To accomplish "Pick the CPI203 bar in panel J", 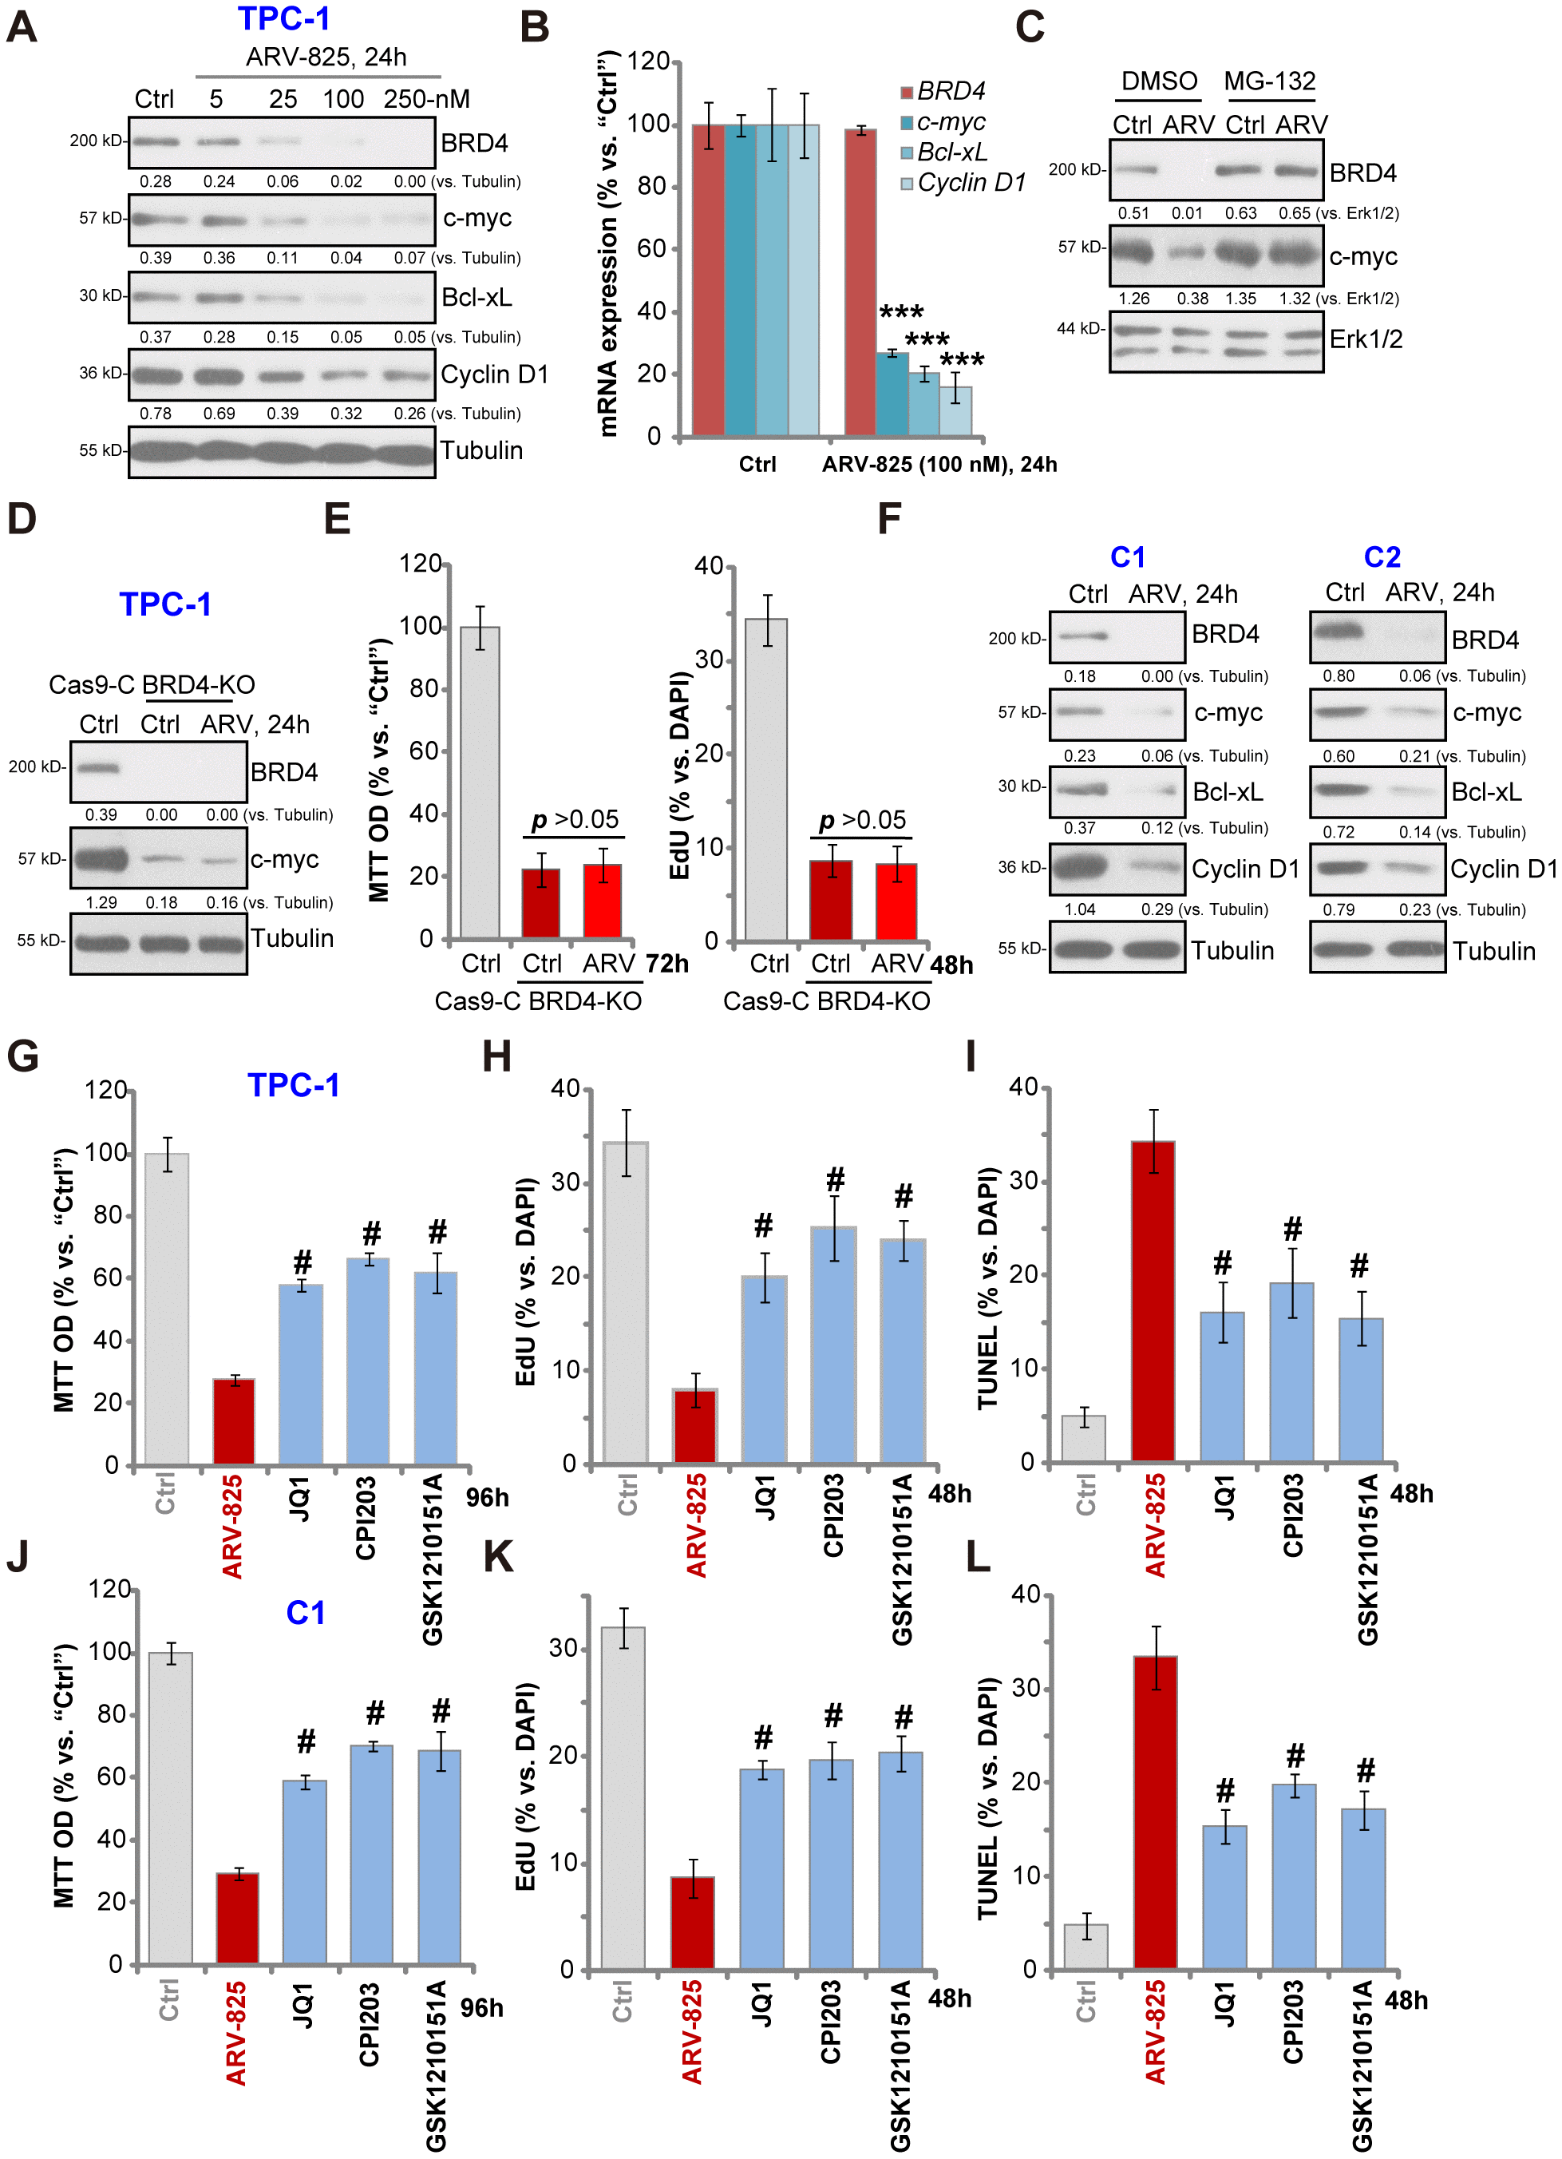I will pyautogui.click(x=371, y=1853).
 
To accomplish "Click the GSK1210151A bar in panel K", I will pyautogui.click(x=900, y=1860).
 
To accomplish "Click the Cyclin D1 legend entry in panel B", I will pyautogui.click(x=971, y=183).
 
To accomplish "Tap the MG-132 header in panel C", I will pyautogui.click(x=1269, y=81).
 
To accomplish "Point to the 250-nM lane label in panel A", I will pyautogui.click(x=426, y=99).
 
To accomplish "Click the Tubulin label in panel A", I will pyautogui.click(x=480, y=450).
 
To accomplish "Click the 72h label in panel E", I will pyautogui.click(x=666, y=964).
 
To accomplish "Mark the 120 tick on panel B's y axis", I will pyautogui.click(x=648, y=61).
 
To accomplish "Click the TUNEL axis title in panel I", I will pyautogui.click(x=988, y=1287).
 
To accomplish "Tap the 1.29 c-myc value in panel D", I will pyautogui.click(x=101, y=902).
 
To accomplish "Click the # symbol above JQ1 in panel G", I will pyautogui.click(x=302, y=1262).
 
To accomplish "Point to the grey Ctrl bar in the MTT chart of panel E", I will pyautogui.click(x=480, y=782).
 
